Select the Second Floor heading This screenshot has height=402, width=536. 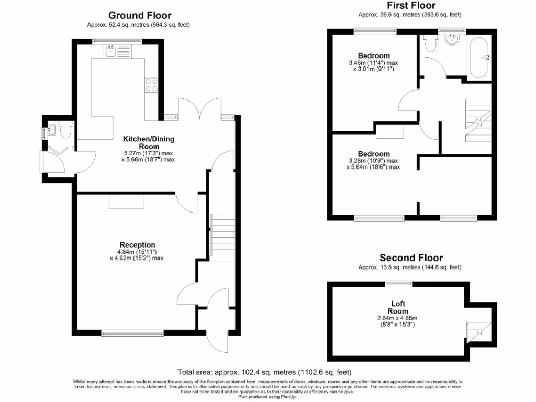[411, 258]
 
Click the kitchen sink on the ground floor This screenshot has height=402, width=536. [111, 50]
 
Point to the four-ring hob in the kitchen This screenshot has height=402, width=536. [151, 85]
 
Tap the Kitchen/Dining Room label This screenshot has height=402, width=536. [149, 142]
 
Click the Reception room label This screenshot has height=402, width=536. [137, 244]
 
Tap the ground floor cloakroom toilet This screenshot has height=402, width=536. [65, 131]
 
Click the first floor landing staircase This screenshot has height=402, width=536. [477, 120]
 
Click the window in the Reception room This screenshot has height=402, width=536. [132, 332]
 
